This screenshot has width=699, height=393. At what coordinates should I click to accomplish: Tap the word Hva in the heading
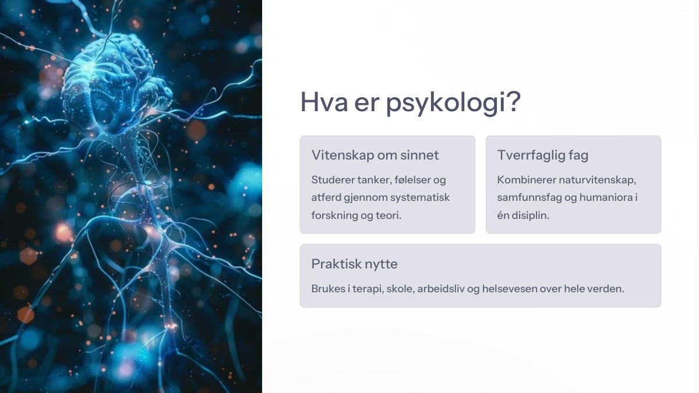click(x=324, y=102)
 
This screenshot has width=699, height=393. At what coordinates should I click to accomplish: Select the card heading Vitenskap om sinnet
click(x=375, y=155)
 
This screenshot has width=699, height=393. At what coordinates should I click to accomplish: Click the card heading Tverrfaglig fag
click(x=543, y=155)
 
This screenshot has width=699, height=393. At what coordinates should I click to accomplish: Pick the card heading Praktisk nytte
click(x=355, y=264)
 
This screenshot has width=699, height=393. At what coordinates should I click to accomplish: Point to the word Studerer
click(x=333, y=180)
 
